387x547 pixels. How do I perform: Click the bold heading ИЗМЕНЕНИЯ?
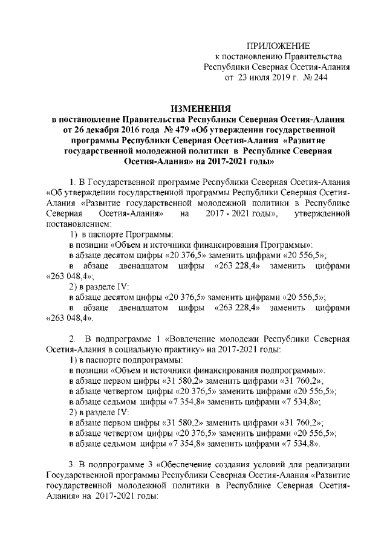[201, 109]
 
